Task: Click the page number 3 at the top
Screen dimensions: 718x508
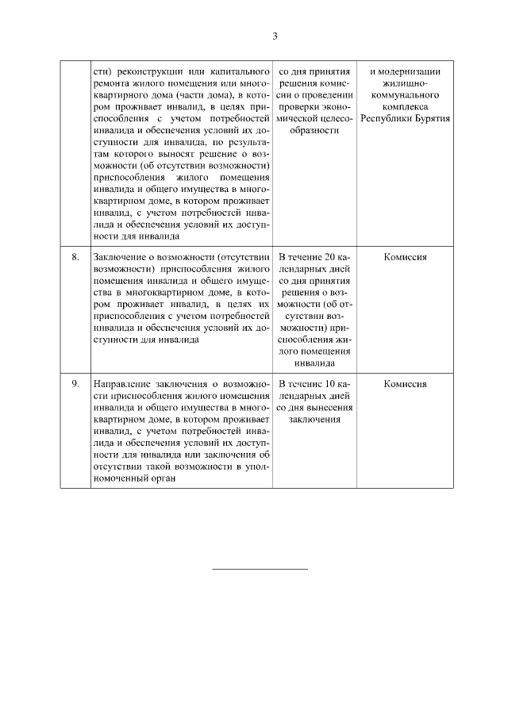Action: tap(275, 36)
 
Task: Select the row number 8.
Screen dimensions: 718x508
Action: tap(75, 258)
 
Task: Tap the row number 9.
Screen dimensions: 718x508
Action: tap(75, 383)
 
